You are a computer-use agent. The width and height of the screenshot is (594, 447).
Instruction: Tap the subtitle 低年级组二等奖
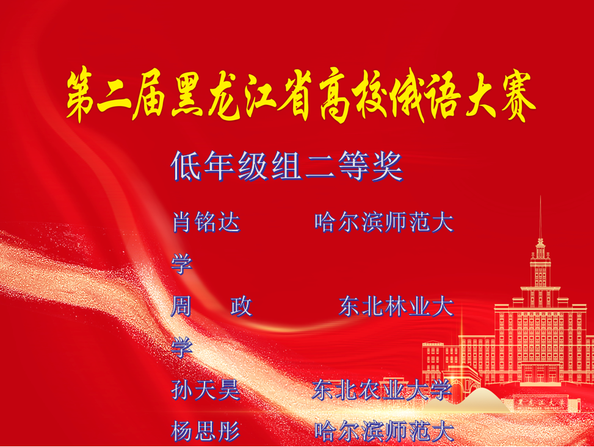click(286, 166)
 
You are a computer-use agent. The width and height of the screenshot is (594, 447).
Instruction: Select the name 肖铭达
click(206, 222)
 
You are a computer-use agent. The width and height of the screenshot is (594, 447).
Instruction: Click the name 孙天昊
click(206, 390)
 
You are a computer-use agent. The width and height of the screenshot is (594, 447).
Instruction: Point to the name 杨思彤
click(206, 431)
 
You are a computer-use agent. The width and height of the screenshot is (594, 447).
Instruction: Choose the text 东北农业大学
click(382, 390)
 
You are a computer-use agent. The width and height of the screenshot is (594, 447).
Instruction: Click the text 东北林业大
click(396, 306)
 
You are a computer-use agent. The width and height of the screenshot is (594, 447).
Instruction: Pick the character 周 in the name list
click(181, 306)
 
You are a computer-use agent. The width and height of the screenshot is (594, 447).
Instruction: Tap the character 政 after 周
click(241, 306)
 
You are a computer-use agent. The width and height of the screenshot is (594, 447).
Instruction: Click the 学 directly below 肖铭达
click(182, 264)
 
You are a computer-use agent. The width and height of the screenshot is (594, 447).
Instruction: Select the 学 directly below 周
click(182, 348)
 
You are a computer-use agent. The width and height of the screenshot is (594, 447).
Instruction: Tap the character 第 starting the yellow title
click(81, 95)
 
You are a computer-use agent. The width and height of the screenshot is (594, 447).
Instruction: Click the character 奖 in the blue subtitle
click(387, 166)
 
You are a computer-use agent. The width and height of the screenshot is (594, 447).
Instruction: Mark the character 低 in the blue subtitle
click(186, 166)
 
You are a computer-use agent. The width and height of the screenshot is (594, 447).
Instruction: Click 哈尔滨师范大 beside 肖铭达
click(384, 222)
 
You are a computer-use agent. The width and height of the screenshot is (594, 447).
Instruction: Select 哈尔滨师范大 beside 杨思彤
click(384, 431)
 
